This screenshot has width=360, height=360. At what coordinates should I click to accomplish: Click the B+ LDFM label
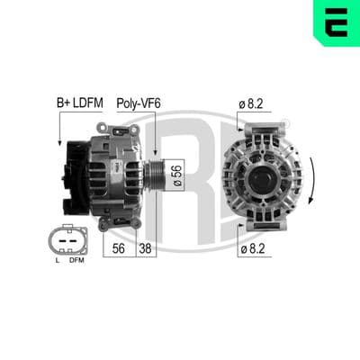[80, 103]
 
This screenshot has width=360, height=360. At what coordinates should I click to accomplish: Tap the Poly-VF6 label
[139, 103]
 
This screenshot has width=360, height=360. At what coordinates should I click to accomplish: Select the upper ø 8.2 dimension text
[251, 103]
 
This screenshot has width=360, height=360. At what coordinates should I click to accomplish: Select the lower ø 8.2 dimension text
[253, 248]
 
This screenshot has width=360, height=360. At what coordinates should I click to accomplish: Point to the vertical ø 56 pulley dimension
[178, 175]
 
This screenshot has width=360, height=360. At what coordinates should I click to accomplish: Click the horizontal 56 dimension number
[119, 248]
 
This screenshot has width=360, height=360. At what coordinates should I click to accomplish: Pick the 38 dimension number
[145, 248]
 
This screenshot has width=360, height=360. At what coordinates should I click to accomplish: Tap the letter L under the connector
[58, 260]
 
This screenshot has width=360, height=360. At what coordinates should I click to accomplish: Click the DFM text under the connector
[76, 260]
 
